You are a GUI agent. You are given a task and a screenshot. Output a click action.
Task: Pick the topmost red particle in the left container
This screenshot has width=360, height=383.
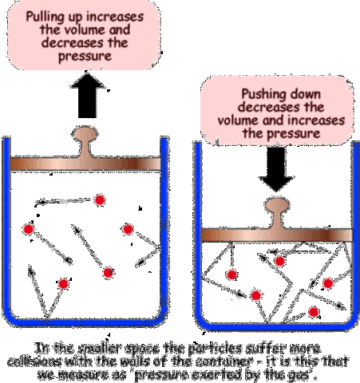101,199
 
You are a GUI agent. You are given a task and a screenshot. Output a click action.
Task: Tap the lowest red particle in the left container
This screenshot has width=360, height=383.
63,282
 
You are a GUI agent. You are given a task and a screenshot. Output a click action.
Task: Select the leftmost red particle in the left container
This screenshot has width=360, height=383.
28,230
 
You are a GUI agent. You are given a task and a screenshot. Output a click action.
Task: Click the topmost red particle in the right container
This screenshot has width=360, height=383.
280,261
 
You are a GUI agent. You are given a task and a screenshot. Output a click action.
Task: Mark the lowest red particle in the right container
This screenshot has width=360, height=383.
314,310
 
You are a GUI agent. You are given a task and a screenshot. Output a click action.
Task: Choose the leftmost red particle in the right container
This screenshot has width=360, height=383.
231,274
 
